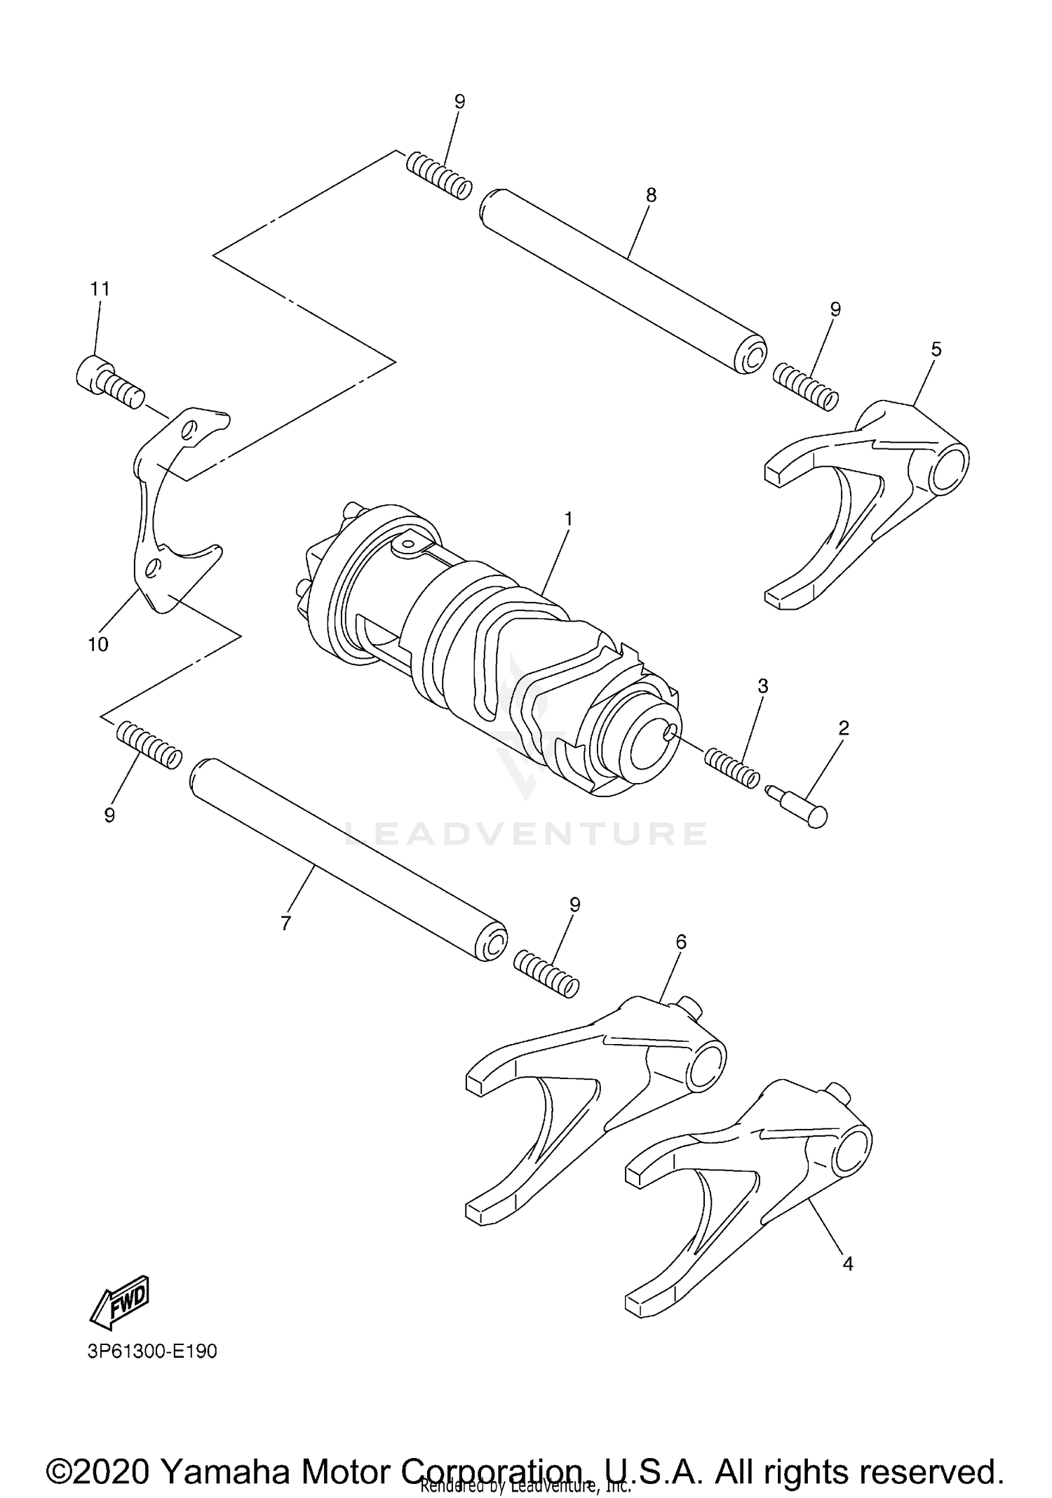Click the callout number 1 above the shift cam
click(568, 519)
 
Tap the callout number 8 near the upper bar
click(651, 196)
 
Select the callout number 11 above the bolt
click(100, 288)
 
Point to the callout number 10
click(98, 644)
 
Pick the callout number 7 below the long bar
click(285, 924)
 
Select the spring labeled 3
click(731, 768)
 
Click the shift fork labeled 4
click(750, 1186)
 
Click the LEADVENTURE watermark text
click(525, 833)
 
